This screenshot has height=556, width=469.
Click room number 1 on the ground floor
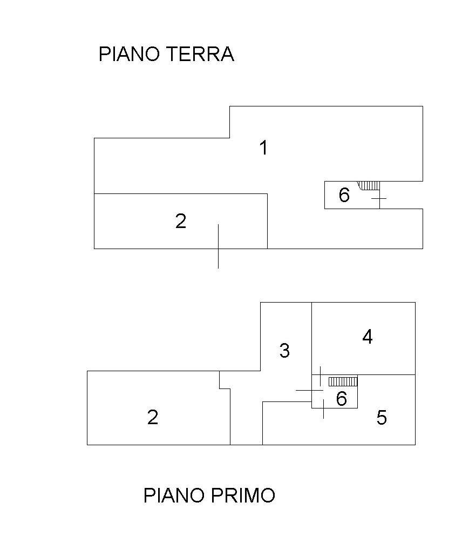[263, 148]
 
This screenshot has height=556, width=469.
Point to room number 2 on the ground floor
[181, 221]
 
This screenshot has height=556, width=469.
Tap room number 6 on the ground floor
[344, 195]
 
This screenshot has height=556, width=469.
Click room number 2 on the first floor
[153, 417]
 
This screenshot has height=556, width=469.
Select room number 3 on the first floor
[284, 351]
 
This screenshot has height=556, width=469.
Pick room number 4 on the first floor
[368, 337]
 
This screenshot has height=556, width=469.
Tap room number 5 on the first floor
[382, 418]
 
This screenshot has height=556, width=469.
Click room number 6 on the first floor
[341, 399]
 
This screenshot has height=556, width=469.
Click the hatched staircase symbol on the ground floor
[370, 185]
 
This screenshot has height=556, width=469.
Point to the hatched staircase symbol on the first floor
[343, 381]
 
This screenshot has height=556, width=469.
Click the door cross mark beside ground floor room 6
[379, 199]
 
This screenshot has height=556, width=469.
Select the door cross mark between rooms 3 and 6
[309, 390]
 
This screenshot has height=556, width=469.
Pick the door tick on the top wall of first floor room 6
[321, 375]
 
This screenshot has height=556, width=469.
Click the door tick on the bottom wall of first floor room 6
[323, 408]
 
